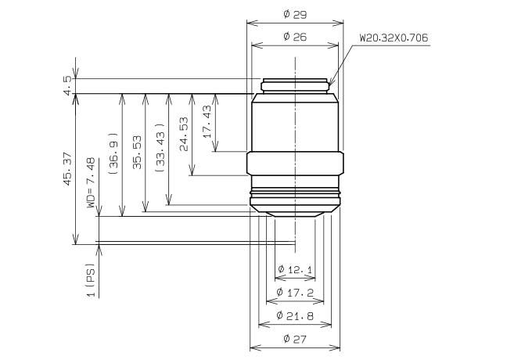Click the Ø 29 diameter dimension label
point(295,15)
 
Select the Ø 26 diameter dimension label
point(295,37)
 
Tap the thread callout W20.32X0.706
point(394,38)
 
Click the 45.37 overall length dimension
point(68,169)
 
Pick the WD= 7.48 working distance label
point(91,182)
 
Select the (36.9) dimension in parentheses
point(113,153)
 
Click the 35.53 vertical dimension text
point(137,152)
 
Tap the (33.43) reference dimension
point(160,147)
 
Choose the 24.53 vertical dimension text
point(184,134)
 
